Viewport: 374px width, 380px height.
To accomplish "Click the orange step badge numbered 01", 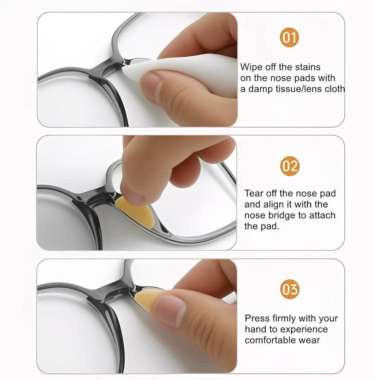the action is click(x=289, y=38).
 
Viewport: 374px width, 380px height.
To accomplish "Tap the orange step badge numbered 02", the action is click(x=290, y=166).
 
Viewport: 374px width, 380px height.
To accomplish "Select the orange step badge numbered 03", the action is click(x=290, y=289).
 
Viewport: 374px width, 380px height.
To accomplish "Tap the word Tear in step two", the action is click(x=254, y=193).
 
